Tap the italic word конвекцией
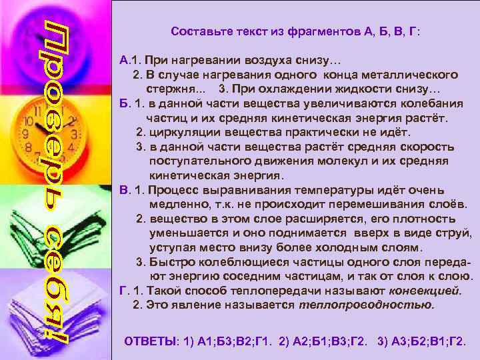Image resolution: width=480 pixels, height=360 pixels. coord(424,290)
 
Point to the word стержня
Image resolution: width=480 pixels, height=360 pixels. coord(168,88)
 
